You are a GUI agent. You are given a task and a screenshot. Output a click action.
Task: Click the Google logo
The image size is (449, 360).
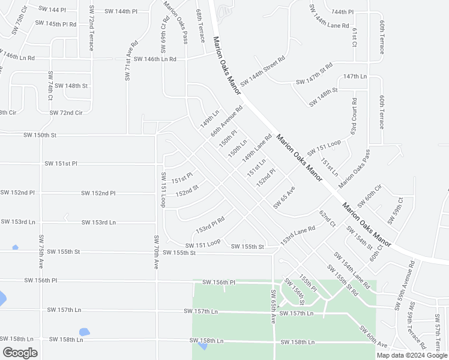point(20,353)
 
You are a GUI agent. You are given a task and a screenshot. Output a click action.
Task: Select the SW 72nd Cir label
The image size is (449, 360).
point(66,113)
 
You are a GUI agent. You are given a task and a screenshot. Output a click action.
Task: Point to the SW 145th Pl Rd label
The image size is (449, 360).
point(56,24)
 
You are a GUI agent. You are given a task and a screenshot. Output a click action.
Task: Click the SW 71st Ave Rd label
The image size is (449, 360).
point(127,60)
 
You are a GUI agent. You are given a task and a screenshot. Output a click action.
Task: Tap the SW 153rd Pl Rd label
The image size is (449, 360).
point(210,226)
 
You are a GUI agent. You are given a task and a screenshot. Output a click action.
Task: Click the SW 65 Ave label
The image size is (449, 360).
point(285,197)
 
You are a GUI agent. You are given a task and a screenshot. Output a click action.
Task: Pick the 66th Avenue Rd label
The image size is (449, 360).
point(226,121)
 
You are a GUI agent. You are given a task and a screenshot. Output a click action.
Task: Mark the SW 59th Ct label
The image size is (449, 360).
point(400,211)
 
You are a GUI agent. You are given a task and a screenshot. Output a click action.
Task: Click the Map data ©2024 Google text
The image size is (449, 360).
point(411,355)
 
